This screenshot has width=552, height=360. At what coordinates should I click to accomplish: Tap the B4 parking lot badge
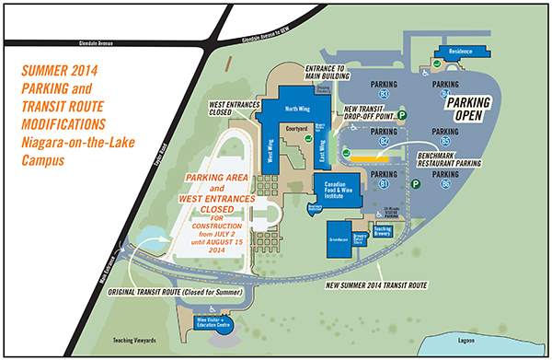click(445, 94)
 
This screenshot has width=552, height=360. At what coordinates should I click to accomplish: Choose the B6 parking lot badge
click(445, 184)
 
